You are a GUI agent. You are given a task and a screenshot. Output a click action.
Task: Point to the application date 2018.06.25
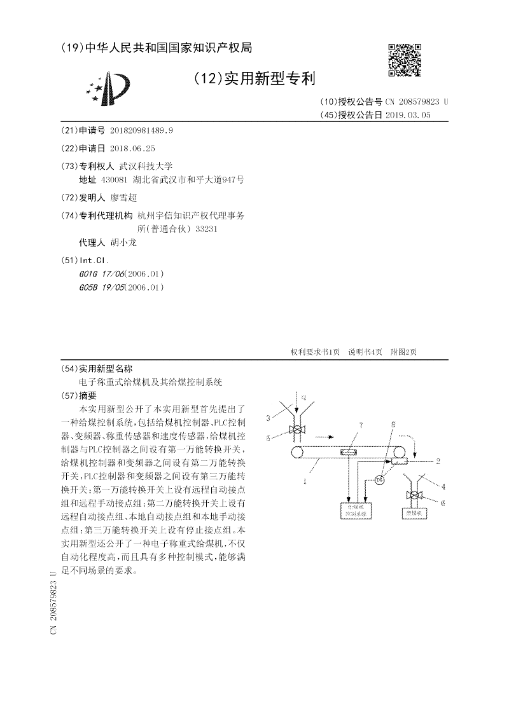tap(132, 147)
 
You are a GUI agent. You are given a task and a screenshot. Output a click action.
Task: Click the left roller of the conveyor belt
tap(296, 453)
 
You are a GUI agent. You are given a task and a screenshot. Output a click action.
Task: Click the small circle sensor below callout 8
tap(380, 481)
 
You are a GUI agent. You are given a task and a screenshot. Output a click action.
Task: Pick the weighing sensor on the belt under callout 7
tap(349, 453)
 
